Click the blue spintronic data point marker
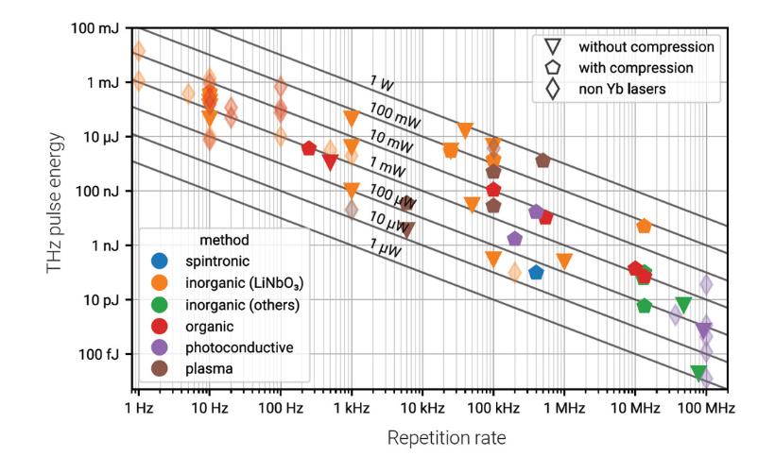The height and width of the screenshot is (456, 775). [536, 272]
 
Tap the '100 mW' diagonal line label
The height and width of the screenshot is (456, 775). [393, 112]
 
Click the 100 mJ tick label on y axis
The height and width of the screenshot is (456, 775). [96, 27]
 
